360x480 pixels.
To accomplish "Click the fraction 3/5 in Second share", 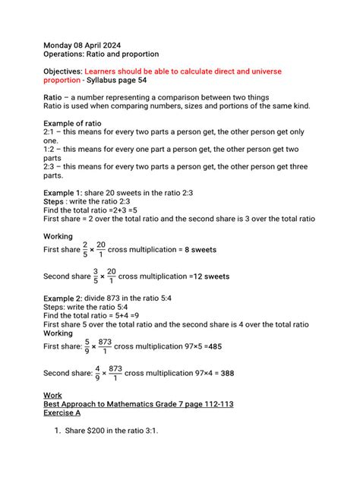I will (x=95, y=276).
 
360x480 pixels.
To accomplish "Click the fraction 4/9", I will (x=96, y=373).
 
